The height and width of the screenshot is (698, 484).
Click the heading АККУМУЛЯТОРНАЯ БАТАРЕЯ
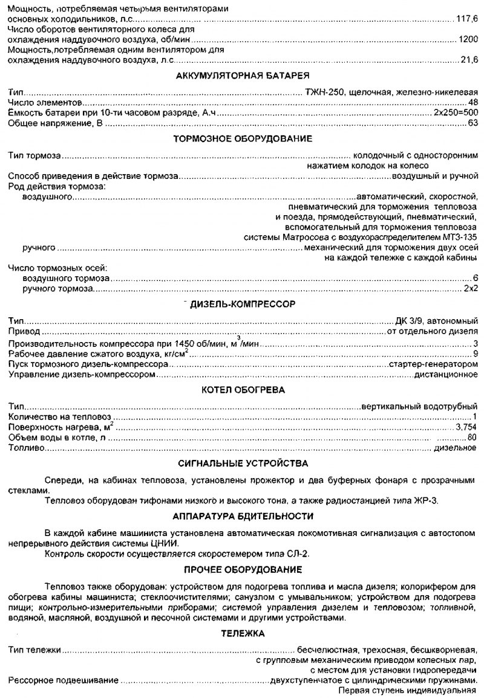tap(243, 76)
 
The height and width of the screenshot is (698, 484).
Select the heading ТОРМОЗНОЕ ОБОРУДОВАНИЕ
tap(243, 139)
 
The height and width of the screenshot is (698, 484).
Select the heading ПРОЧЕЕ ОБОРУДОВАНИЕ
tap(243, 569)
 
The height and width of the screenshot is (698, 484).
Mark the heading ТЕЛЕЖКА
tap(243, 633)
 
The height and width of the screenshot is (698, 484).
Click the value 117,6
tap(468, 19)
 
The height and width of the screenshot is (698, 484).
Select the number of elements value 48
tap(473, 103)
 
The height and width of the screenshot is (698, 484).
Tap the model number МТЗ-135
tap(457, 237)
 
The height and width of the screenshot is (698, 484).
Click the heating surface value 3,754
tap(466, 427)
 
